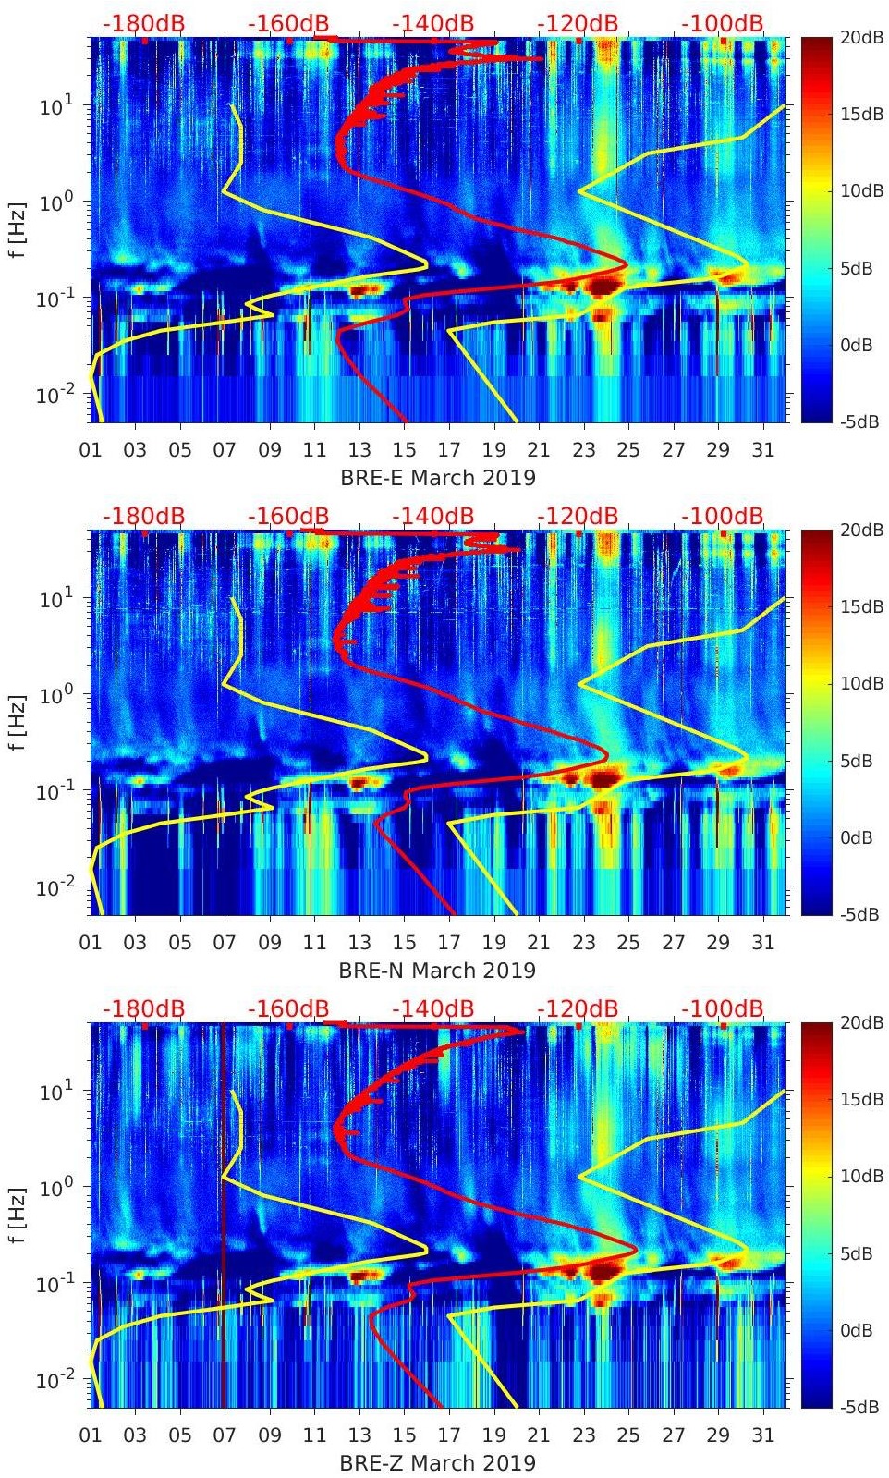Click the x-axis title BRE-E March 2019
tap(438, 478)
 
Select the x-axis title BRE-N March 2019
tap(437, 971)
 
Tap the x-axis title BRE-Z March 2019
tap(437, 1463)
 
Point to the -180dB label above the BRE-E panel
tap(143, 23)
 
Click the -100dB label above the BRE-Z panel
tap(723, 1008)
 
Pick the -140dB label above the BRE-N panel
tap(432, 516)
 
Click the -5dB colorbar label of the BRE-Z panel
tap(859, 1408)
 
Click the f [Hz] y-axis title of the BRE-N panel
tap(18, 723)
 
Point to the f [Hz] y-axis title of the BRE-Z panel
tap(18, 1215)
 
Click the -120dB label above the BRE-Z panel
tap(578, 1008)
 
